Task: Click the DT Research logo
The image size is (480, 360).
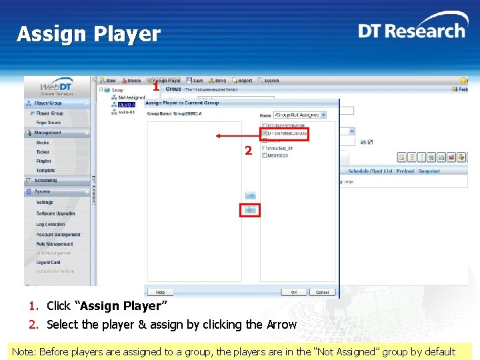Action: coord(411,30)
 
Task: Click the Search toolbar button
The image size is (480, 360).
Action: coord(268,81)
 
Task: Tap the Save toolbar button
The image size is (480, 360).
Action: coord(195,81)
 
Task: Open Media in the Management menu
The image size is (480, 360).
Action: coord(43,143)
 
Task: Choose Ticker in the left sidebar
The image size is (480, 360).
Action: coord(43,152)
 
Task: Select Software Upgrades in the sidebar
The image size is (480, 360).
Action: coord(55,213)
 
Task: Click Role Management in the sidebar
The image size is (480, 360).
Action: coord(55,244)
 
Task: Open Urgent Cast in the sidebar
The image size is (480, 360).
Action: coord(48,262)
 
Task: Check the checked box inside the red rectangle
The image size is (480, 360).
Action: coord(265,133)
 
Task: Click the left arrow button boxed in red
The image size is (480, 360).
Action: coord(250,210)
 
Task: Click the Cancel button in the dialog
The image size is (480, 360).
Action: coord(322,292)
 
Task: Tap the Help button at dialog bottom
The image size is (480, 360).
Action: coord(160,292)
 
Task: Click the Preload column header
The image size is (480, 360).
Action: coord(405,171)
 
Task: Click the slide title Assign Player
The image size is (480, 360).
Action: coord(89,34)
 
